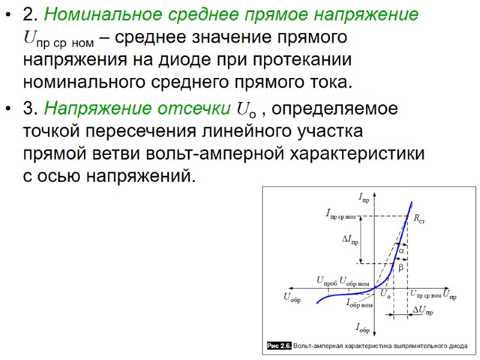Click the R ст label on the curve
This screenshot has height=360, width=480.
click(x=418, y=220)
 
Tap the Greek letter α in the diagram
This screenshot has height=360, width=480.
click(x=401, y=250)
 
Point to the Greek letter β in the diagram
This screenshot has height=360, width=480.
click(x=401, y=266)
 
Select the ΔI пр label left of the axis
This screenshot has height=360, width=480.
click(x=350, y=239)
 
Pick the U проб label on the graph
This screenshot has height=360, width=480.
click(x=326, y=281)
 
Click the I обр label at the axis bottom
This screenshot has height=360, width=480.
click(x=362, y=328)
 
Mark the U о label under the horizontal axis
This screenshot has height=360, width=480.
click(x=385, y=294)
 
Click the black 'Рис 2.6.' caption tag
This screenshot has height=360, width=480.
click(x=279, y=346)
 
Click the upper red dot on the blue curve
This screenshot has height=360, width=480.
click(x=407, y=216)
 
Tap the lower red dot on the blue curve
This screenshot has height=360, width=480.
click(x=393, y=263)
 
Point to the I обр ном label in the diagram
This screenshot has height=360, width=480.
click(x=359, y=304)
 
